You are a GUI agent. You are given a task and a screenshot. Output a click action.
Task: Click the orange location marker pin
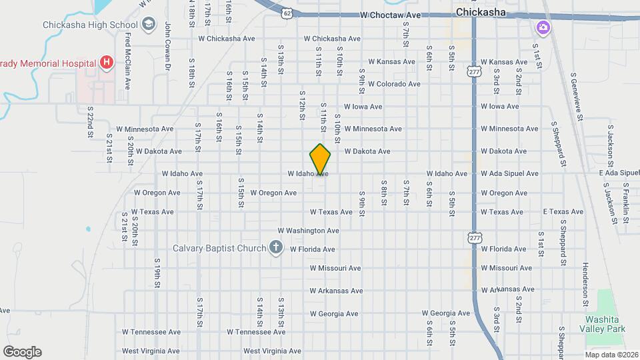(320, 159)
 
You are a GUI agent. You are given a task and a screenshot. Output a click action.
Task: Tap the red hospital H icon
(105, 63)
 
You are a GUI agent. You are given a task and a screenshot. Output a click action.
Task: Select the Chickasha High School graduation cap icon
(149, 25)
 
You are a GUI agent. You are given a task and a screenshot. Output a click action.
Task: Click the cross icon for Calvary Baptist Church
(276, 249)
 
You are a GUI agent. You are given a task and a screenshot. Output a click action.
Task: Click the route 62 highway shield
(287, 13)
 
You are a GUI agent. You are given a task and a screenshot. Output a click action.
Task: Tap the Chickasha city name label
(481, 12)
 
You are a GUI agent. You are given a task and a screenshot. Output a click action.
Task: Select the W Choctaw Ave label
(391, 15)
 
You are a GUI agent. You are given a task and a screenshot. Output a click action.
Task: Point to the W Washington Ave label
(309, 231)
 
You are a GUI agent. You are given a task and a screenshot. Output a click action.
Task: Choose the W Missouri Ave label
(335, 268)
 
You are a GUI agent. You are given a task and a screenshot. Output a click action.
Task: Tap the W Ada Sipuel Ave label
(509, 173)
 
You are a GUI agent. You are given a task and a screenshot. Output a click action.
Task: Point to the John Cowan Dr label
(168, 47)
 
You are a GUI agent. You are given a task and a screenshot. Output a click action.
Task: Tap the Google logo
(22, 352)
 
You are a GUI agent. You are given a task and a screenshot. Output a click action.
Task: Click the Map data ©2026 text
(611, 354)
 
